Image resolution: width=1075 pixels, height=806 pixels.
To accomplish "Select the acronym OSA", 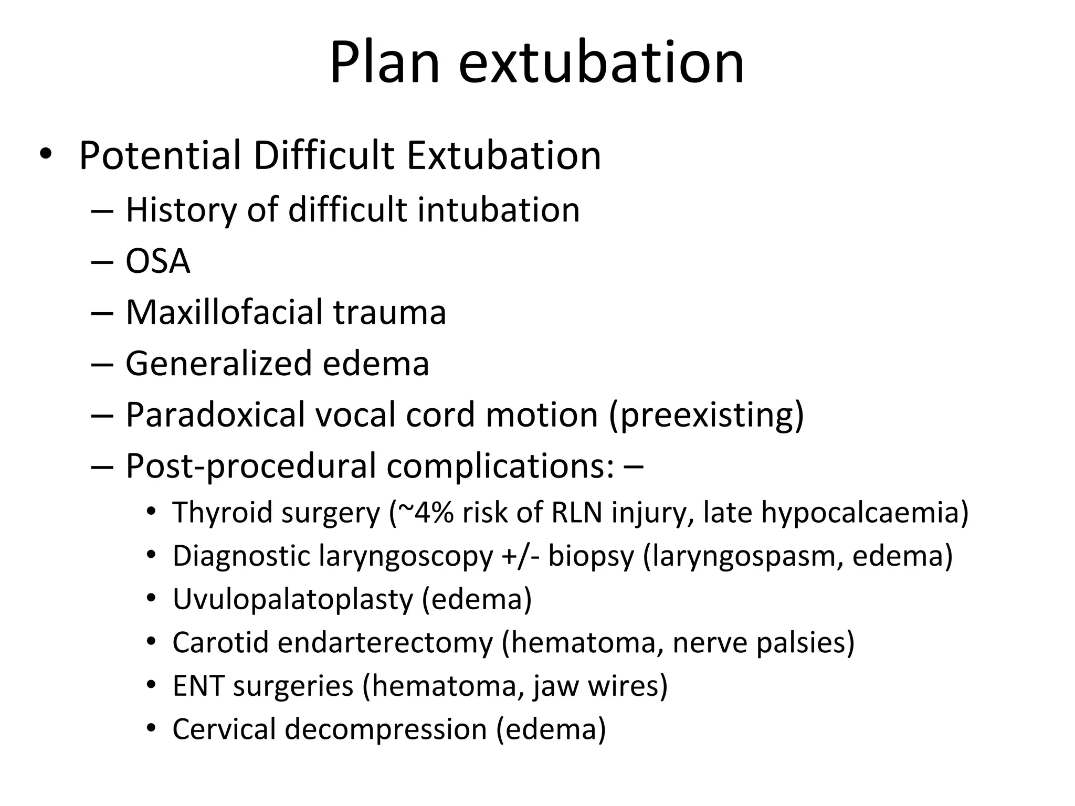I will coord(157,261).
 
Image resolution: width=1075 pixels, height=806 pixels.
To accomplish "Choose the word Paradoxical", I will coord(215,415).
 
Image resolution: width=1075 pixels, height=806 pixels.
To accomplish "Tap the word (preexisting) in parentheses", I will coord(707,415).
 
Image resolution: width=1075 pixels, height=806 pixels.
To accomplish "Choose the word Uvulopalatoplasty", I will coord(292,599).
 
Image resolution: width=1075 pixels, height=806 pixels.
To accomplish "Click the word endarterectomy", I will coord(385,643).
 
